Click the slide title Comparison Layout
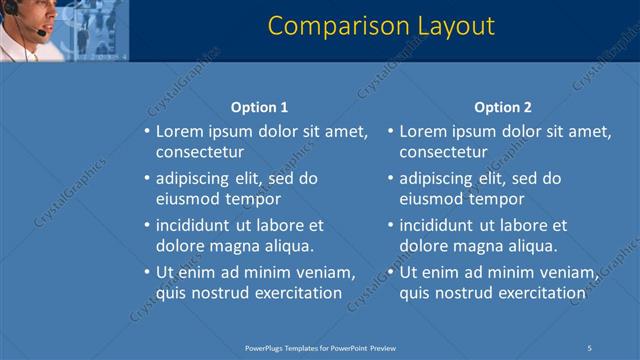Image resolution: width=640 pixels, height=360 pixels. [381, 25]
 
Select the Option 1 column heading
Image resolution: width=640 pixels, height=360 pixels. [259, 107]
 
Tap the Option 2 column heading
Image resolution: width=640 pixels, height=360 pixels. [503, 107]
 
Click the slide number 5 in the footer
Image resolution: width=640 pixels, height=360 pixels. [589, 347]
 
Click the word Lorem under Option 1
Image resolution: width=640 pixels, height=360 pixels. [179, 131]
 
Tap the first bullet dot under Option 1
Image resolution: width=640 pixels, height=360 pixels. [147, 131]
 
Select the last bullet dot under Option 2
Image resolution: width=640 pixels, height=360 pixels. [391, 272]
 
